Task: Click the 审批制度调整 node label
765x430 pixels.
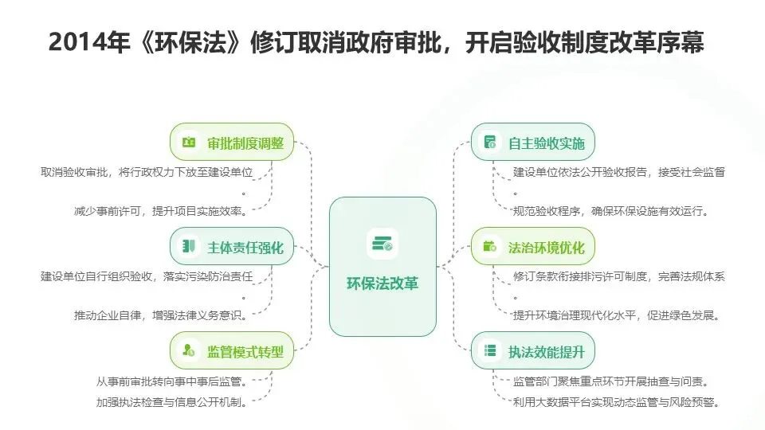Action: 245,143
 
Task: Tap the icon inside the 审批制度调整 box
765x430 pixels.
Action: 189,143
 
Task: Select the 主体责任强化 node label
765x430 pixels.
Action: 245,247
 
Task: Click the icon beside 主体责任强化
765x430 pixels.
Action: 189,246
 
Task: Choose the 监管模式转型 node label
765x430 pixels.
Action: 245,350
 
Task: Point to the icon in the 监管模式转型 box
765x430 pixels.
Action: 189,350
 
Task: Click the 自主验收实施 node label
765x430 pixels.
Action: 546,143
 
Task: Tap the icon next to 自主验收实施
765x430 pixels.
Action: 490,143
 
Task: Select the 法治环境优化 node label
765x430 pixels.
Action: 546,247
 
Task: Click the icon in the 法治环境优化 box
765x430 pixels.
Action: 490,246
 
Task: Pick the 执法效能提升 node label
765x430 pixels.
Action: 546,350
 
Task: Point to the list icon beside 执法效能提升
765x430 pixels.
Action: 490,350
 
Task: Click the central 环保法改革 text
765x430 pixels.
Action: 382,283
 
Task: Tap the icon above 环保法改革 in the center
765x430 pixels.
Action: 382,243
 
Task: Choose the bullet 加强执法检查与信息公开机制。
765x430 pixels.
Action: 171,402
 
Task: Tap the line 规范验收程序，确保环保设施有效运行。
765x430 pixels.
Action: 611,211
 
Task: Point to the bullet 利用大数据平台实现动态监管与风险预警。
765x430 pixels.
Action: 617,402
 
